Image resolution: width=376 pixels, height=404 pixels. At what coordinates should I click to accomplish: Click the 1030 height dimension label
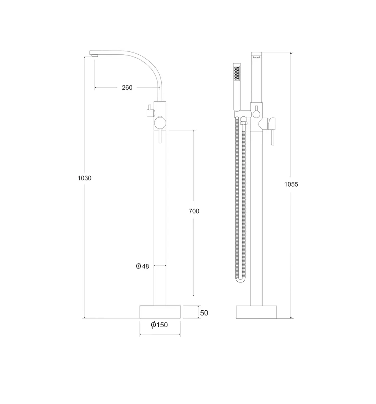[84, 178]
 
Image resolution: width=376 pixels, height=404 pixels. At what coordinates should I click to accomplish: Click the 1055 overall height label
[291, 184]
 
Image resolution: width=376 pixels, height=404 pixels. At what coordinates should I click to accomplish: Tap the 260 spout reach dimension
[127, 88]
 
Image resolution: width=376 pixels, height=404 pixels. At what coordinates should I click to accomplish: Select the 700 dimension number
[194, 211]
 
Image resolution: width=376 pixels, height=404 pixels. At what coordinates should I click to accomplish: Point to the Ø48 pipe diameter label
[142, 266]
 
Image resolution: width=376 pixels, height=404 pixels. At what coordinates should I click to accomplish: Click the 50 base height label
[204, 313]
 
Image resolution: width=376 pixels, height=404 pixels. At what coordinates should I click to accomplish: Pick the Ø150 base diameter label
[159, 325]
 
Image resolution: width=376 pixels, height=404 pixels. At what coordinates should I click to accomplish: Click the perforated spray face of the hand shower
[237, 72]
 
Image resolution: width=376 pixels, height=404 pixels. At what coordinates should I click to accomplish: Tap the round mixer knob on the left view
[159, 122]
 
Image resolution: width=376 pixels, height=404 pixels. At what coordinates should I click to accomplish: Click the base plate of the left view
[160, 312]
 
